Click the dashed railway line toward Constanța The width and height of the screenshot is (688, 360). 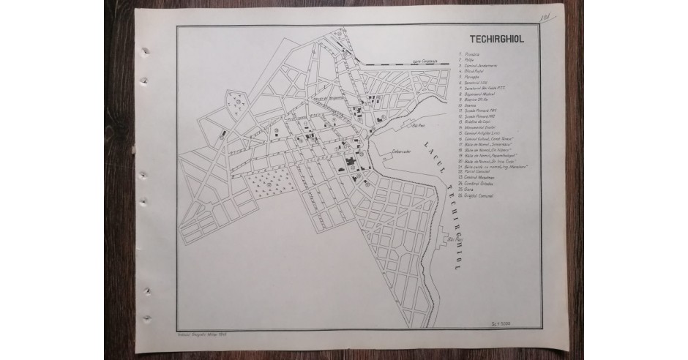(410, 65)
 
